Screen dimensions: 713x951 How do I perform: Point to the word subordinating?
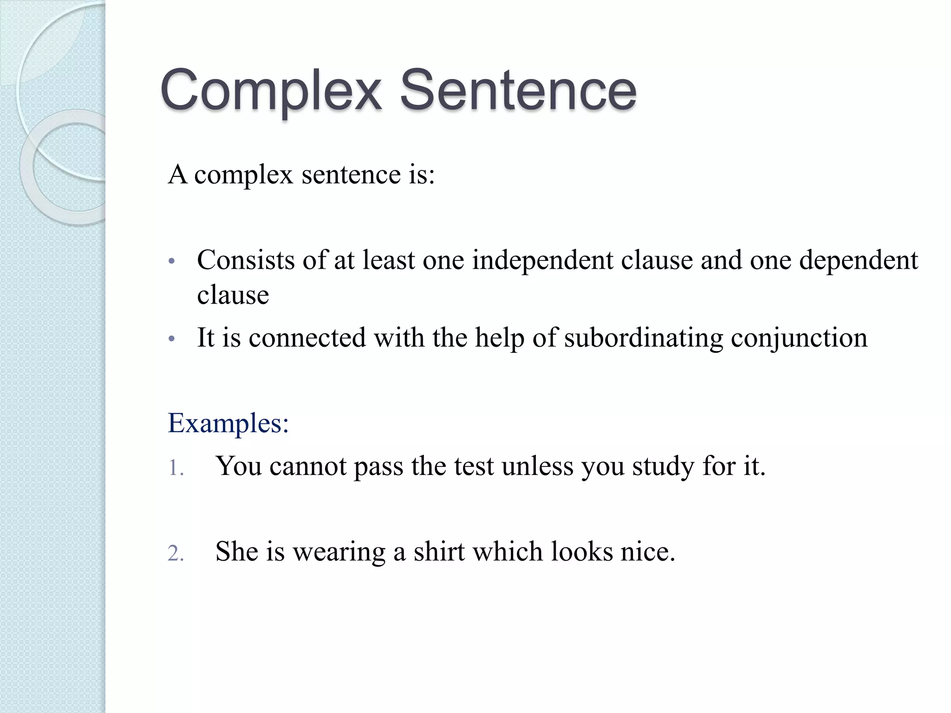[644, 337]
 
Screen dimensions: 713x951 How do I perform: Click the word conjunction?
[799, 337]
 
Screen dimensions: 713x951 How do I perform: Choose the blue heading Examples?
[228, 423]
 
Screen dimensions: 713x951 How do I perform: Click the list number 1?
[175, 468]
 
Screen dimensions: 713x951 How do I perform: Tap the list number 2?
[176, 554]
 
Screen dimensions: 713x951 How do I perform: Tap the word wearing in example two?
[339, 552]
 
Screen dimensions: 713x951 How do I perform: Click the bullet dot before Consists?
[171, 261]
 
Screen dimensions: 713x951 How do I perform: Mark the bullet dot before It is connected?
[171, 339]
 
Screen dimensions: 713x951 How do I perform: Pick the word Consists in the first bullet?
[246, 260]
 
